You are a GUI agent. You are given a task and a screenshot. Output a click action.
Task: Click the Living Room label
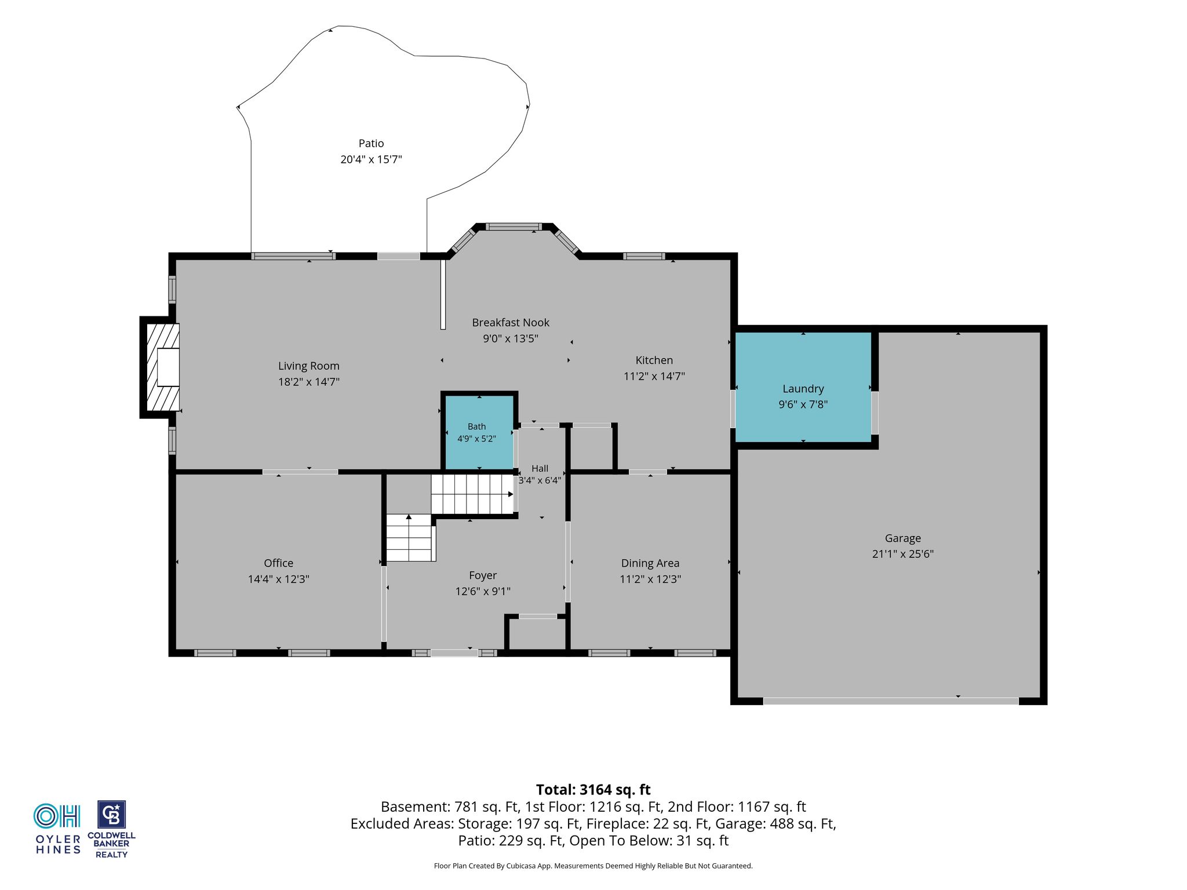click(309, 366)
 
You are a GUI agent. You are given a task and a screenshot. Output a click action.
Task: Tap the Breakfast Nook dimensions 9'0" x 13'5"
click(511, 338)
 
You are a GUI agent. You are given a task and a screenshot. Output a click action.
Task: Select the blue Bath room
click(479, 432)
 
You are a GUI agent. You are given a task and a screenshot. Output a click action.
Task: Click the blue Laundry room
click(803, 387)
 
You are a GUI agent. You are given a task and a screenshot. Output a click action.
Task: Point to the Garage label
click(903, 538)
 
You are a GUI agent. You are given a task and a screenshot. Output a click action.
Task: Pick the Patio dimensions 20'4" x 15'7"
click(371, 159)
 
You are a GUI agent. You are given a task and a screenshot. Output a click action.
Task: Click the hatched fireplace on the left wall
click(162, 367)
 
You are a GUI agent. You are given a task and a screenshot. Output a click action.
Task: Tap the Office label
click(279, 563)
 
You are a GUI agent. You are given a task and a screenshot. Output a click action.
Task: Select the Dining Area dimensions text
click(650, 579)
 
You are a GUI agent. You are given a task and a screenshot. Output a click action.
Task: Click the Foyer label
click(483, 575)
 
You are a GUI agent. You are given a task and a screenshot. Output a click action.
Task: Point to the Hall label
click(540, 468)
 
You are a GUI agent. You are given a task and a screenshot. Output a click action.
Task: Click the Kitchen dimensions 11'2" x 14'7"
click(654, 376)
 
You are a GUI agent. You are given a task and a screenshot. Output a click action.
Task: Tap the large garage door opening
click(891, 701)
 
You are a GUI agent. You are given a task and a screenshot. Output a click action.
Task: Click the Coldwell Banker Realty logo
click(111, 829)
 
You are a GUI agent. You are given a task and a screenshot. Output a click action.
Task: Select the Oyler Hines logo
click(58, 829)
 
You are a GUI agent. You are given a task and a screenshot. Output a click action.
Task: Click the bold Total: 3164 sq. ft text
click(593, 790)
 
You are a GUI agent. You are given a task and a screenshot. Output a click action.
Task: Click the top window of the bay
click(514, 227)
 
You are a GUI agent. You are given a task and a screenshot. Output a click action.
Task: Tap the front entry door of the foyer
click(454, 653)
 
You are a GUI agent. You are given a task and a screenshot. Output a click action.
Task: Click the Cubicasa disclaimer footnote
click(593, 866)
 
